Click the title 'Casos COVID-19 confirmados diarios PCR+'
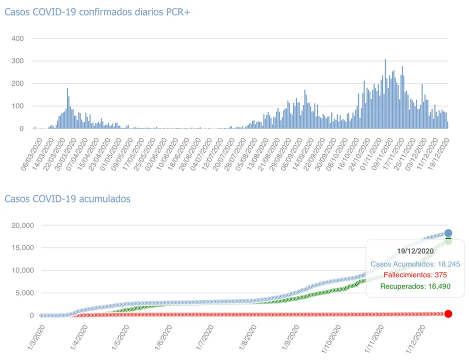coord(97,12)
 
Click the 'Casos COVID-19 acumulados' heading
coord(67,199)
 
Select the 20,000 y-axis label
coord(22,225)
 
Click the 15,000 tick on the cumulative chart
coord(22,248)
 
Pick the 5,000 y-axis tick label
coord(24,293)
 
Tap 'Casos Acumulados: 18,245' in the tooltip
coord(415,264)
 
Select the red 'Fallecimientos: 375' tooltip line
coord(415,275)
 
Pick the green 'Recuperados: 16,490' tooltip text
coord(415,286)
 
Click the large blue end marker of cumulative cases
coord(448,233)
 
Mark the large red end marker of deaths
coord(448,313)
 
